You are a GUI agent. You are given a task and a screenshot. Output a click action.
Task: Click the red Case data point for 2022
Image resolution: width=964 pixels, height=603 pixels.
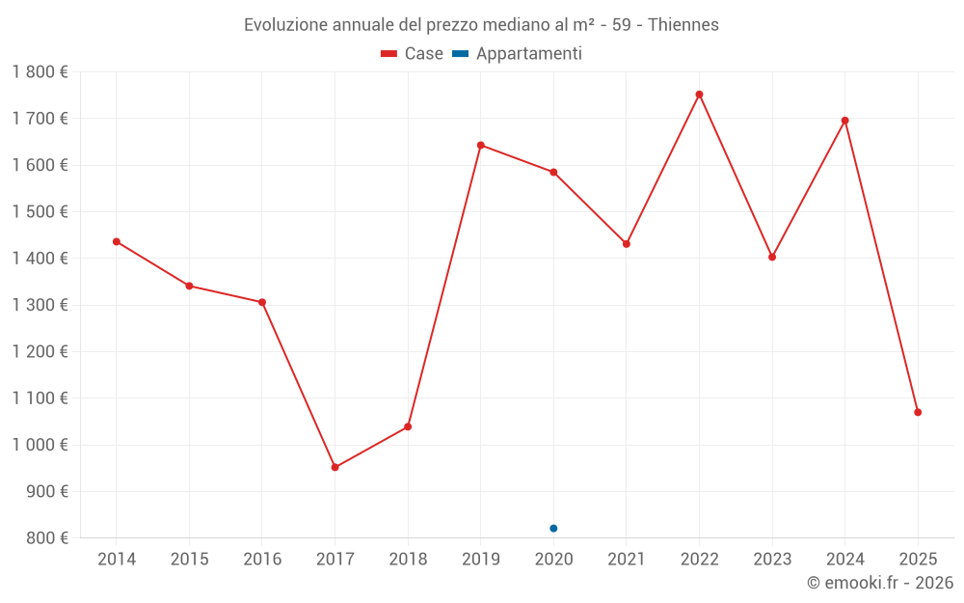pos(699,95)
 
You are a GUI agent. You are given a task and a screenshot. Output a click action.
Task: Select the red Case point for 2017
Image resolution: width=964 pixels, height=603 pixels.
pos(335,467)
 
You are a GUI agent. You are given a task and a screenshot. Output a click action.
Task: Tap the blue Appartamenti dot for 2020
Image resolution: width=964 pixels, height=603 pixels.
pos(553,528)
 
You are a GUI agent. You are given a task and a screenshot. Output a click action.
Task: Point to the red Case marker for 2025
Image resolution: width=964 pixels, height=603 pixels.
pos(918,412)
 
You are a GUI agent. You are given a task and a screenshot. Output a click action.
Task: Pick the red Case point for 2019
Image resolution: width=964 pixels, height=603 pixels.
pos(481,145)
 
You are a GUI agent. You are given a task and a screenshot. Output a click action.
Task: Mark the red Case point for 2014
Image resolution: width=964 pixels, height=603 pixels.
pos(117,241)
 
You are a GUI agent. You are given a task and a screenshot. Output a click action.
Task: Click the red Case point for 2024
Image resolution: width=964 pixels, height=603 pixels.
pos(845,121)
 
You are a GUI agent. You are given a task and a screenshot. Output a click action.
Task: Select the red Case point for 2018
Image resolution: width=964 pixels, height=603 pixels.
pos(408,426)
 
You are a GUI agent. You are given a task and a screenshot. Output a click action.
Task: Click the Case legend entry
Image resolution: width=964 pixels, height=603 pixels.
pos(413,54)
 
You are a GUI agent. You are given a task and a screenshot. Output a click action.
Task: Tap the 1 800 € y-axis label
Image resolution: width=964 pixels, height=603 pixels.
pos(40,72)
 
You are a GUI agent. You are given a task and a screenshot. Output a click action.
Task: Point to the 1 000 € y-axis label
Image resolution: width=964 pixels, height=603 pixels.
pos(40,445)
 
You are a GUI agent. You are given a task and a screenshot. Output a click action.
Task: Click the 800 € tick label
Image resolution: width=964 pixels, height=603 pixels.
pos(46,537)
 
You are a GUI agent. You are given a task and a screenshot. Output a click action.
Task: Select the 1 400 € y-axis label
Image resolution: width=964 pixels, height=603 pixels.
pos(40,259)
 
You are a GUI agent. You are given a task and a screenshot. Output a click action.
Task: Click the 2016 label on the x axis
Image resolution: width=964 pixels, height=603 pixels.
pos(262,560)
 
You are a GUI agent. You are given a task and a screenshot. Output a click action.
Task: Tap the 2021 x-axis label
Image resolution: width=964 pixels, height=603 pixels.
pos(627,560)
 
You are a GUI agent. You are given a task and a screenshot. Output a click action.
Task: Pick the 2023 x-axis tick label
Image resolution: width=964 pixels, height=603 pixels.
pos(772,560)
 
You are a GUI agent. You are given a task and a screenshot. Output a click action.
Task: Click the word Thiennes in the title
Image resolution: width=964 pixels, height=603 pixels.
pos(683,25)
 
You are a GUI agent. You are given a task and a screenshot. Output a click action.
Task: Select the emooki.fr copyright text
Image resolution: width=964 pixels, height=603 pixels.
pos(879,583)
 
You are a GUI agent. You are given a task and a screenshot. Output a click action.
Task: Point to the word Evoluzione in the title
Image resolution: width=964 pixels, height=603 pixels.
pos(281,25)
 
